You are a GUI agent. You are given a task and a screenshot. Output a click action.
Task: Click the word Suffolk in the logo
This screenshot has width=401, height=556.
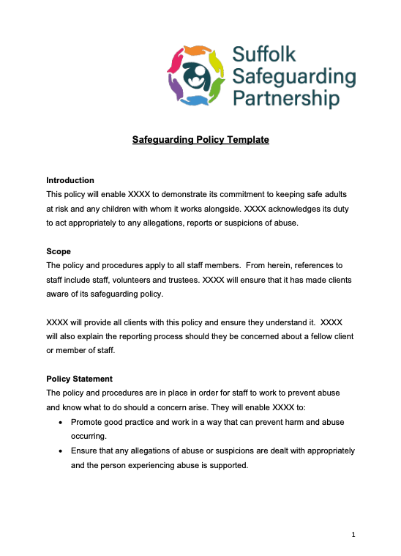click(x=264, y=54)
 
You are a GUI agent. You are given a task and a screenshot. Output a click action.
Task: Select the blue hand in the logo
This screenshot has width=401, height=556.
click(x=194, y=100)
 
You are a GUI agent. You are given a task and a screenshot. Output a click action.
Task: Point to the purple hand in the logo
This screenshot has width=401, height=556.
click(x=176, y=87)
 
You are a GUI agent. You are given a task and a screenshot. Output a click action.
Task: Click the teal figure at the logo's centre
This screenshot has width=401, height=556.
click(x=195, y=75)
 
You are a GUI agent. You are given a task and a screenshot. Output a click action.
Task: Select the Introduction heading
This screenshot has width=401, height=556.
click(x=70, y=180)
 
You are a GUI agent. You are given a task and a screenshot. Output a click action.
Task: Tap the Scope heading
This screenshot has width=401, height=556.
click(x=59, y=251)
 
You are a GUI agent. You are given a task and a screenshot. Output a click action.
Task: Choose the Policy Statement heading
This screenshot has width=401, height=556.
click(x=80, y=379)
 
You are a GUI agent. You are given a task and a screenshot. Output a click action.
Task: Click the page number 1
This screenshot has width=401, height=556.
click(x=353, y=535)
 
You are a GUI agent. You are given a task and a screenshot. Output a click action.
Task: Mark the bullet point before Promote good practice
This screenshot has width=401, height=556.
click(x=59, y=423)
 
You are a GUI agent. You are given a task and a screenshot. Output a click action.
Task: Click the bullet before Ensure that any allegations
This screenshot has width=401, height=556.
click(x=59, y=451)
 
